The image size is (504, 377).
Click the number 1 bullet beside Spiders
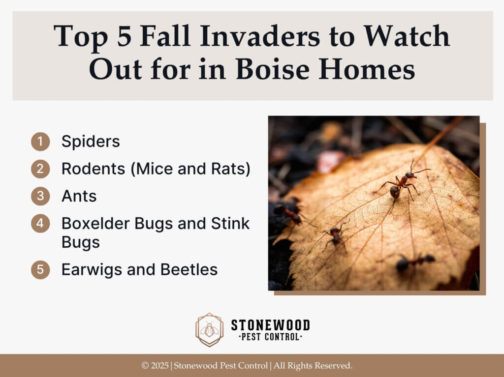40,142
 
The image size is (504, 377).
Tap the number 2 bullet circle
40,169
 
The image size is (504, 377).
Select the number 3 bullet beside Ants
40,196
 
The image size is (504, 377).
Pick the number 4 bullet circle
40,223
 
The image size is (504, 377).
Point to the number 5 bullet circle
40,269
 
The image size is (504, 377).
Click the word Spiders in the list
91,142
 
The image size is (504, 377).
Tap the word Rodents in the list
93,169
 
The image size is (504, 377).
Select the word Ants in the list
79,196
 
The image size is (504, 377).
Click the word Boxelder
95,223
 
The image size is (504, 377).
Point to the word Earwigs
92,270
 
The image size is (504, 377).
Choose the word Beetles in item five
189,270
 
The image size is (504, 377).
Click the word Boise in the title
273,69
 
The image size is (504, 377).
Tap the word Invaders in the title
260,36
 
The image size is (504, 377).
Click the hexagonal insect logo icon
210,330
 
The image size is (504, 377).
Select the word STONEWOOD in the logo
270,325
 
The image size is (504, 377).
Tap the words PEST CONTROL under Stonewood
270,337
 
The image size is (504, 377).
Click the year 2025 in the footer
160,365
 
